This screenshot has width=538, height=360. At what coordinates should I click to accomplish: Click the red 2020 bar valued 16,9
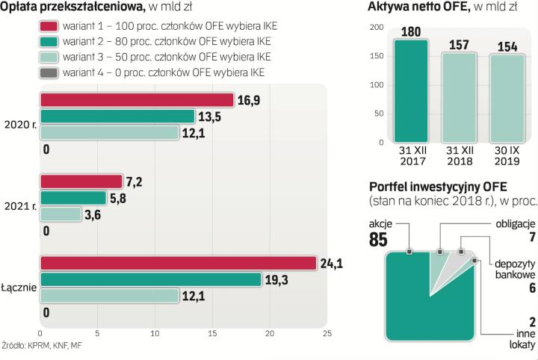137,100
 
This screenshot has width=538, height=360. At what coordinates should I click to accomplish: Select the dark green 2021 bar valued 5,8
73,198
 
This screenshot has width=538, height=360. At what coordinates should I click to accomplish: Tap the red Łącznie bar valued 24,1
179,263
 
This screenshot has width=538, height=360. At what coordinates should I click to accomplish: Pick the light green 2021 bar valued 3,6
61,214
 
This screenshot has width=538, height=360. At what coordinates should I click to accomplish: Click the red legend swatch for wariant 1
49,26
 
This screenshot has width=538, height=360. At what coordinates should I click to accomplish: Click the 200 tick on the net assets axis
377,28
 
